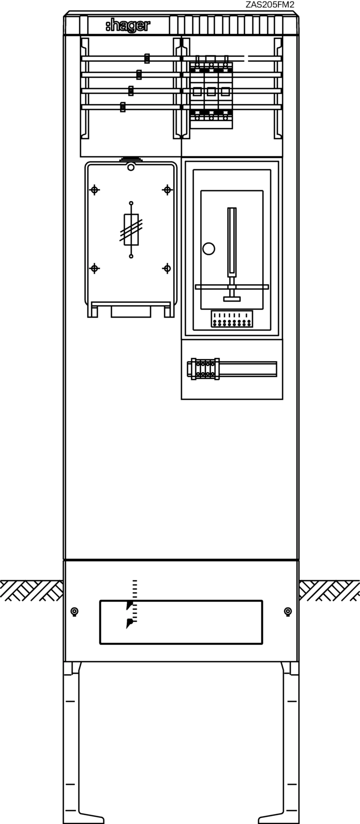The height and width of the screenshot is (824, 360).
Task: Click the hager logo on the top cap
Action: point(128,26)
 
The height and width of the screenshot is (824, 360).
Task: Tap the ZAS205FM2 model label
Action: point(270,5)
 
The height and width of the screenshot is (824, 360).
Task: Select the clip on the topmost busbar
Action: point(147,58)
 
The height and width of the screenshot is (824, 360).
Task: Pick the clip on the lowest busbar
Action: point(123,107)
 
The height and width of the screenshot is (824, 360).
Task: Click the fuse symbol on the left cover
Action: point(131,230)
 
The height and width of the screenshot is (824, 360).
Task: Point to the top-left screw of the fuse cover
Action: point(95,190)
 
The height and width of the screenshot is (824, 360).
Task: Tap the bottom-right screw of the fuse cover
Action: point(167,269)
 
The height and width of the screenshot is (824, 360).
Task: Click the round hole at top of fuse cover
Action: point(131,167)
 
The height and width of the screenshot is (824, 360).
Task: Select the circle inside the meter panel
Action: point(208,249)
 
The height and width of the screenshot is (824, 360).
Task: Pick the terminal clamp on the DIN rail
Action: point(203,369)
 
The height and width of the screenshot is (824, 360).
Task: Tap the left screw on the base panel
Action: point(75,612)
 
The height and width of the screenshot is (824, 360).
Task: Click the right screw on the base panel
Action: point(288,612)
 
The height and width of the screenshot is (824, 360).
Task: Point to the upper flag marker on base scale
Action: point(130,605)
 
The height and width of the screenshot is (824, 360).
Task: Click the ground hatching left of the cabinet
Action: point(32,591)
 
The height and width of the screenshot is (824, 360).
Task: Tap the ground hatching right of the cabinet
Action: point(329,591)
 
